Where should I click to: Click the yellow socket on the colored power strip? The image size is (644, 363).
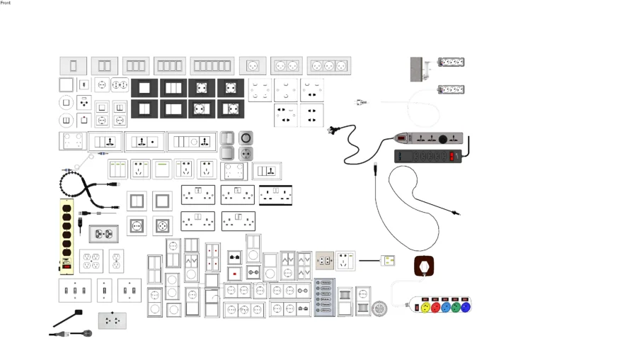pyautogui.click(x=425, y=308)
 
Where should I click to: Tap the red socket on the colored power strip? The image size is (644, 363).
pyautogui.click(x=435, y=308)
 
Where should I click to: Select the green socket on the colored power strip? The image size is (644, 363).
pyautogui.click(x=455, y=308)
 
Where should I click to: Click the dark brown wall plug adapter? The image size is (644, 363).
pyautogui.click(x=424, y=267)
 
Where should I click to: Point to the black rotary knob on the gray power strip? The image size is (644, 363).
pyautogui.click(x=444, y=138)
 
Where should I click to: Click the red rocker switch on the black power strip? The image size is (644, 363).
pyautogui.click(x=455, y=155)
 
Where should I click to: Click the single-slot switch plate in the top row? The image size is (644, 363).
pyautogui.click(x=73, y=66)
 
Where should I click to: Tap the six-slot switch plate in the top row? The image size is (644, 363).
pyautogui.click(x=212, y=66)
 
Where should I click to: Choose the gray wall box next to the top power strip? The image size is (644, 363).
pyautogui.click(x=417, y=69)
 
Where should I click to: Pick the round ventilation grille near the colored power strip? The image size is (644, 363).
pyautogui.click(x=380, y=308)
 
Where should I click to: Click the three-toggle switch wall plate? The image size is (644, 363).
pyautogui.click(x=74, y=290)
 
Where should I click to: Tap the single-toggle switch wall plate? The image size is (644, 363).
pyautogui.click(x=104, y=290)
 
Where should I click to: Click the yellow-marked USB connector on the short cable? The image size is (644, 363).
pyautogui.click(x=387, y=261)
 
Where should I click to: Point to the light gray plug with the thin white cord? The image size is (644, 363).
pyautogui.click(x=360, y=103)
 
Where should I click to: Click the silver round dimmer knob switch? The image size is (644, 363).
pyautogui.click(x=246, y=138)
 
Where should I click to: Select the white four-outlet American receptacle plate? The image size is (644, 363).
pyautogui.click(x=91, y=261)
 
